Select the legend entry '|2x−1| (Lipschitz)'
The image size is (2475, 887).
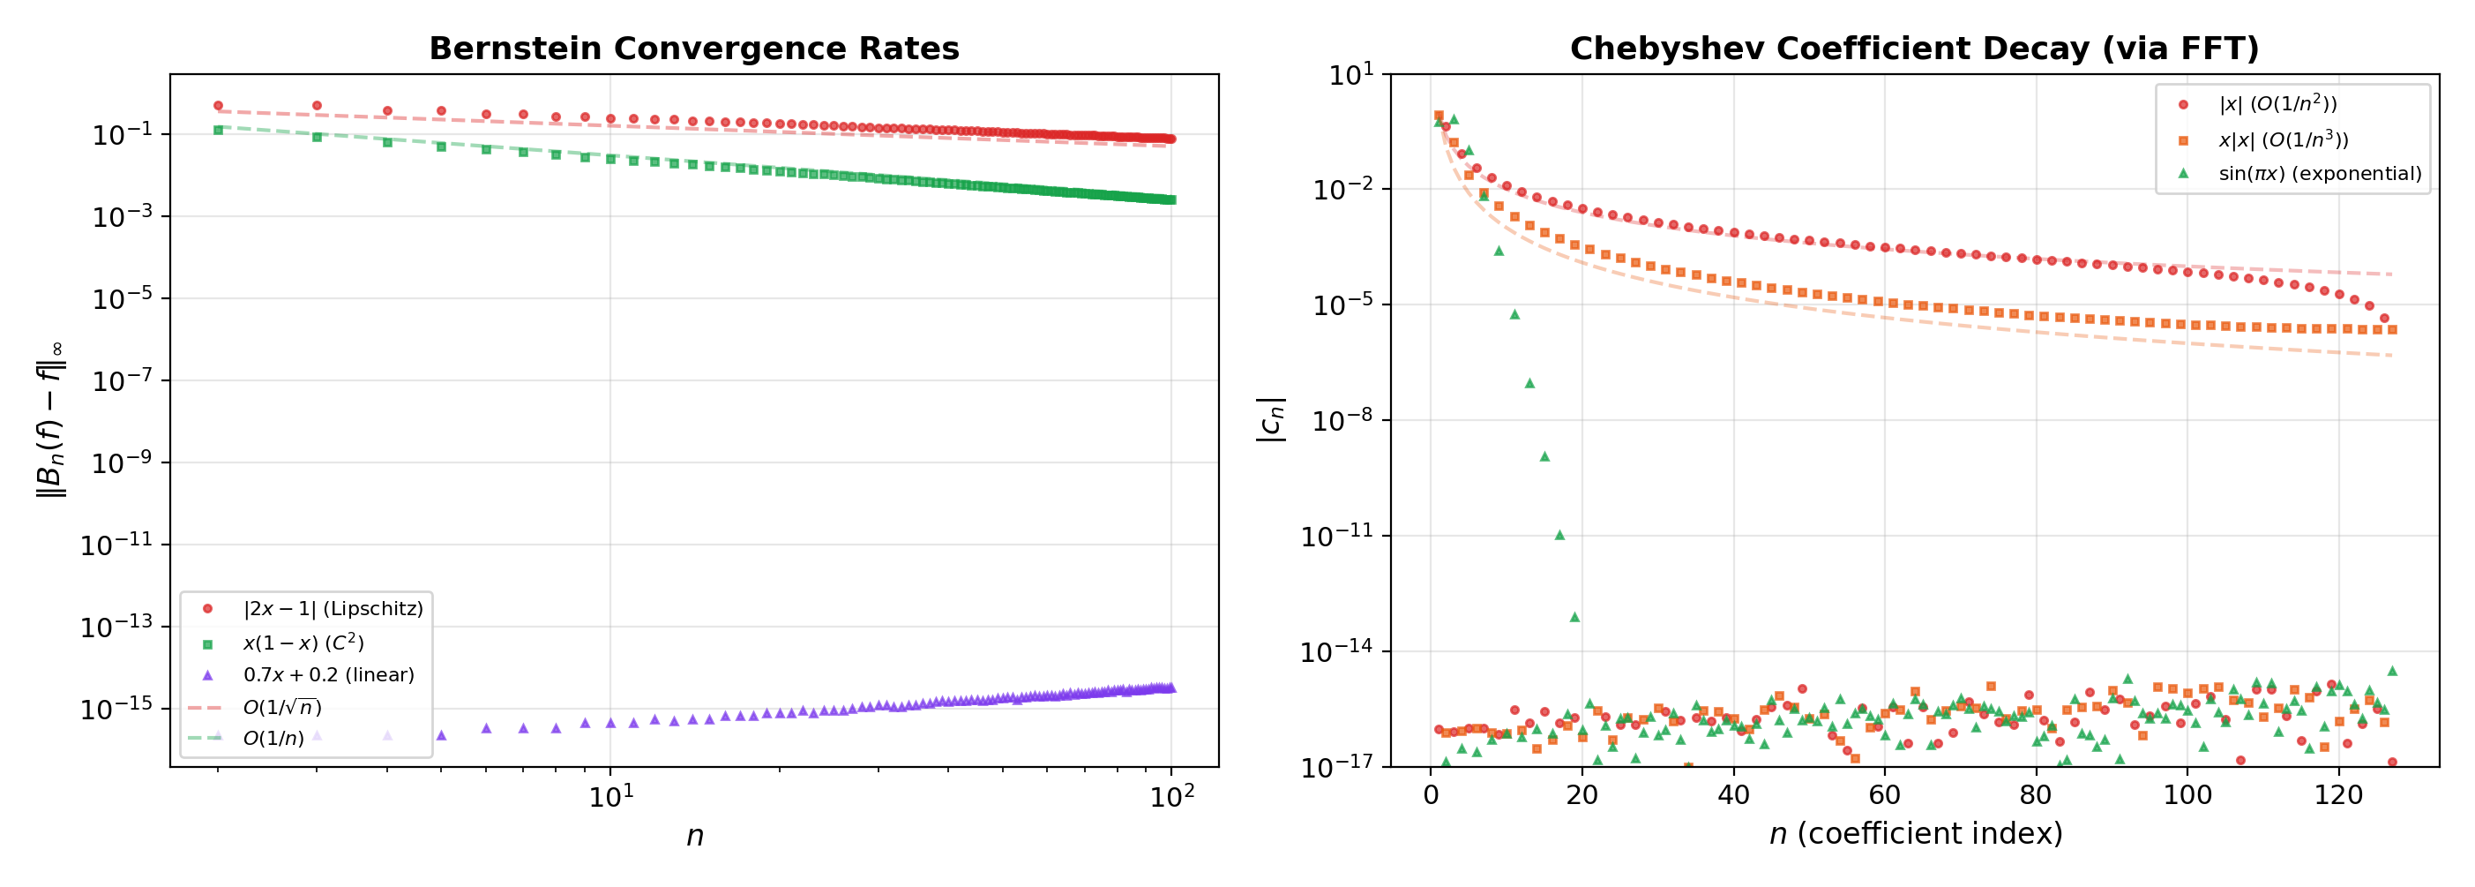333,608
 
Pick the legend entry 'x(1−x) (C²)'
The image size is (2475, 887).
303,642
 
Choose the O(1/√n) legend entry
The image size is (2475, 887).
281,707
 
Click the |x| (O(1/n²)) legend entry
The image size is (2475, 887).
2277,104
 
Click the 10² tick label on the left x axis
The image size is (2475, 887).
1171,797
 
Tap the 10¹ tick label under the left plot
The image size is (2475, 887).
610,797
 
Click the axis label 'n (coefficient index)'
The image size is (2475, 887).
1915,833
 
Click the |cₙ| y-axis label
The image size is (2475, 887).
1270,420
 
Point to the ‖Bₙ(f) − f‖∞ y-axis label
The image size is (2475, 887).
50,420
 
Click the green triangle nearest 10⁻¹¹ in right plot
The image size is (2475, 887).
1559,534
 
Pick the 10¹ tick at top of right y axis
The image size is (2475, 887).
1350,75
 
